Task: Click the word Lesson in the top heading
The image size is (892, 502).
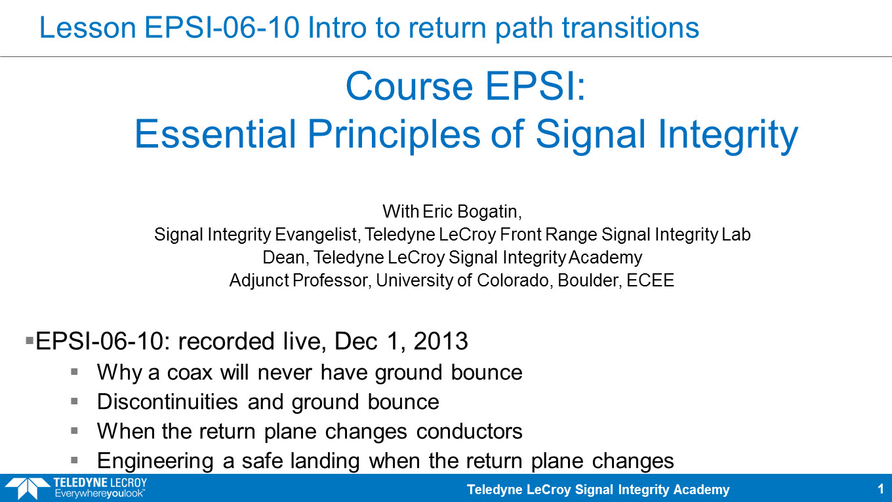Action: tap(88, 28)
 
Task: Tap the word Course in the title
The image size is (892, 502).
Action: tap(409, 87)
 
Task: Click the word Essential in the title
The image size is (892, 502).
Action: tap(215, 134)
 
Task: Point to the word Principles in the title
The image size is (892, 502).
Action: tap(394, 135)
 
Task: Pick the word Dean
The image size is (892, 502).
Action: tap(284, 258)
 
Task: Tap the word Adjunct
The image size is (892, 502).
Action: tap(259, 280)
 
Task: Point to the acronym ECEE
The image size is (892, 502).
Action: tap(650, 280)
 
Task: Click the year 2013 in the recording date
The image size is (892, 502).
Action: tap(441, 341)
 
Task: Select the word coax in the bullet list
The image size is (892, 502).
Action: tap(190, 373)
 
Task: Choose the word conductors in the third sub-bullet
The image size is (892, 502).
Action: tap(469, 431)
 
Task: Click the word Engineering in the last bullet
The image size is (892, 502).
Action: tap(155, 461)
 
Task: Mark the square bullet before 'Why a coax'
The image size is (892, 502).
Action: tap(74, 372)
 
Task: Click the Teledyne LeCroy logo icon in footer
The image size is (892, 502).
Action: tap(27, 488)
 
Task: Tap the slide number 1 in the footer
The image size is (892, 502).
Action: tap(880, 489)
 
